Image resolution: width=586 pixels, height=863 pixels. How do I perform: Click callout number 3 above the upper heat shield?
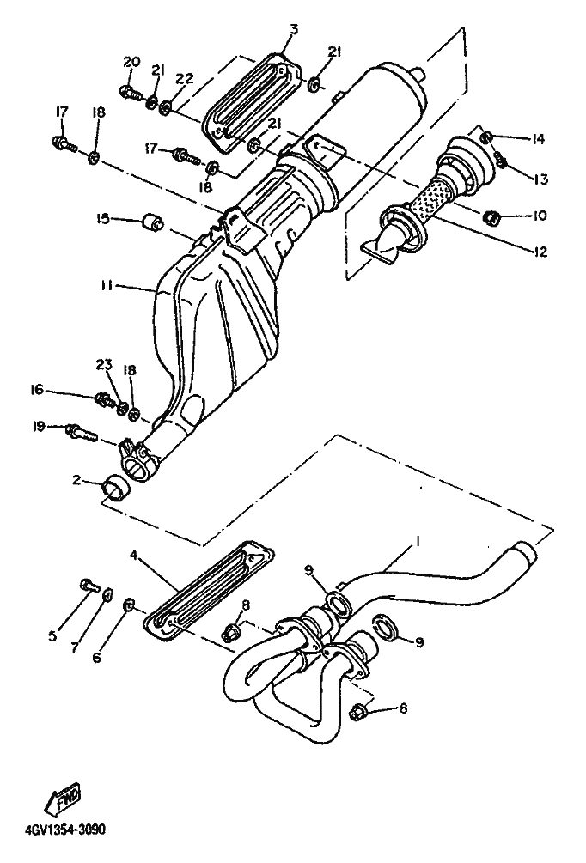click(x=293, y=30)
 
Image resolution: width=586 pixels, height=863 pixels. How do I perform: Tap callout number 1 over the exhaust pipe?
click(x=418, y=542)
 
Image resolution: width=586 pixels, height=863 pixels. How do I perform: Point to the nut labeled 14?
click(x=485, y=137)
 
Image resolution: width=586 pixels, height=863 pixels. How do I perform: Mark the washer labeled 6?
click(x=129, y=605)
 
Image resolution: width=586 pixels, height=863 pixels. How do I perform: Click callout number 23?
click(x=104, y=365)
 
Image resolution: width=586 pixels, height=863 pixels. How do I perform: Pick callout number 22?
click(x=184, y=78)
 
